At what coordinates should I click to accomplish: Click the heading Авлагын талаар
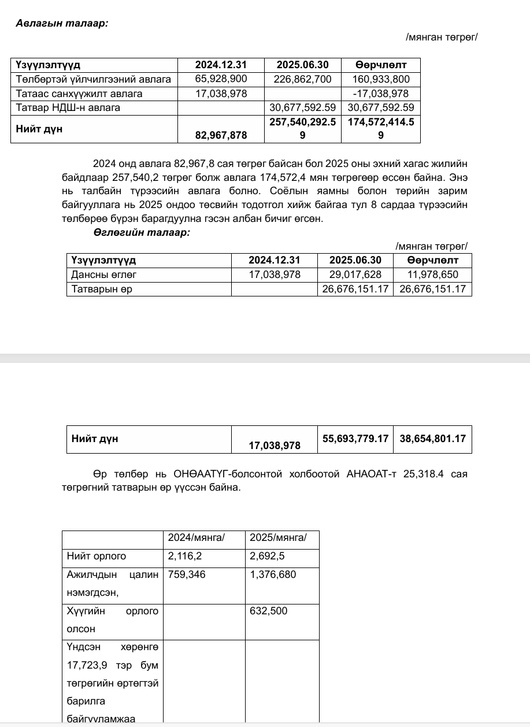tap(62, 23)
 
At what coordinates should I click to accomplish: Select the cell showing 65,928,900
tap(221, 79)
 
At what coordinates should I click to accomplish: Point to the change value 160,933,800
tap(380, 79)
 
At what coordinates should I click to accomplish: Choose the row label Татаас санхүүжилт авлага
tap(79, 93)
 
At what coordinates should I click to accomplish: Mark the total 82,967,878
tap(221, 135)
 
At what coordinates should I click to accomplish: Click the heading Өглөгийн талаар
tap(142, 232)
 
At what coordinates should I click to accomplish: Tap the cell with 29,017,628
tap(355, 275)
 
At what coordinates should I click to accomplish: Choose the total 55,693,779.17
tap(355, 439)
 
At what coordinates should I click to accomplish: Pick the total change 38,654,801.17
tap(432, 439)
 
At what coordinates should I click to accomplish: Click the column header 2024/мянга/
tap(196, 538)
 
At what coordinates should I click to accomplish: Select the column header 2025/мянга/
tap(278, 538)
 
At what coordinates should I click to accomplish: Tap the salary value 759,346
tap(187, 574)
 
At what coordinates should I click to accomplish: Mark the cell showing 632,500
tap(268, 611)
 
